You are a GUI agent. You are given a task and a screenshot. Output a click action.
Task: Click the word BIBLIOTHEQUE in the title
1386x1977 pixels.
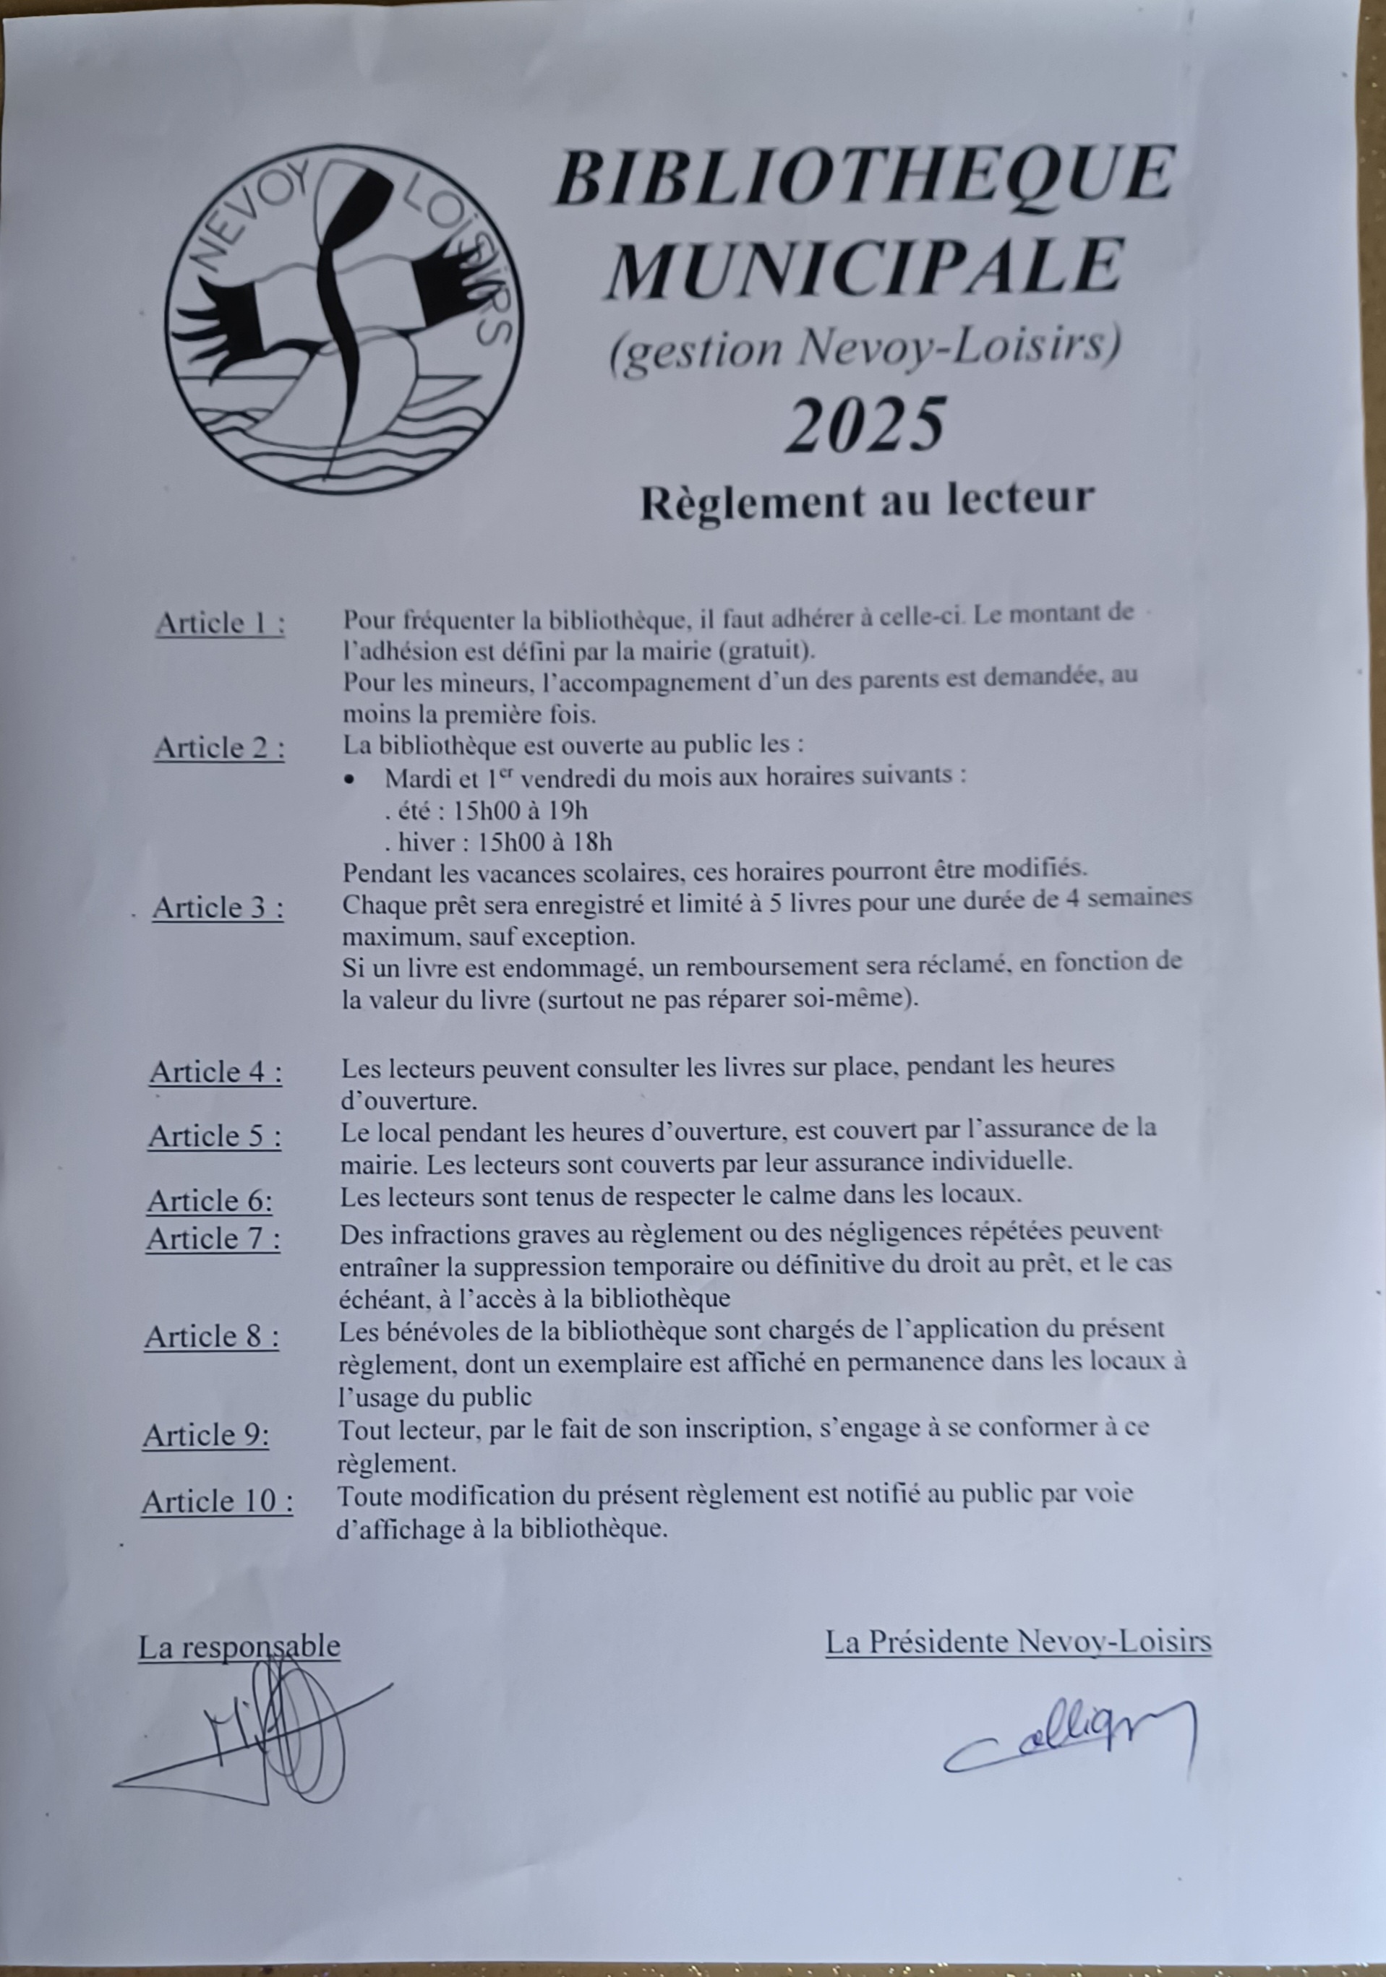coord(865,176)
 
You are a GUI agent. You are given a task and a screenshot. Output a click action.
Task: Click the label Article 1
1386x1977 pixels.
coord(220,623)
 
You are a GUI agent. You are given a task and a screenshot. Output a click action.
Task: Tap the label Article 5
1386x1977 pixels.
coord(215,1137)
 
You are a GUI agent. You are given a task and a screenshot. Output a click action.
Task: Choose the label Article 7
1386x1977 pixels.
coord(213,1239)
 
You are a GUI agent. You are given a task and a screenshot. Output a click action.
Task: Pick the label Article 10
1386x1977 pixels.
coord(217,1501)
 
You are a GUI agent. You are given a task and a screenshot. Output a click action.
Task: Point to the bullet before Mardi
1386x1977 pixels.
coord(349,779)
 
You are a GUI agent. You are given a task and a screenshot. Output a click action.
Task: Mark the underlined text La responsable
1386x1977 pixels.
coord(239,1646)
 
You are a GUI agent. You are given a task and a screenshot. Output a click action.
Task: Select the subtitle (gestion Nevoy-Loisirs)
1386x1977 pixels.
coord(865,350)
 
